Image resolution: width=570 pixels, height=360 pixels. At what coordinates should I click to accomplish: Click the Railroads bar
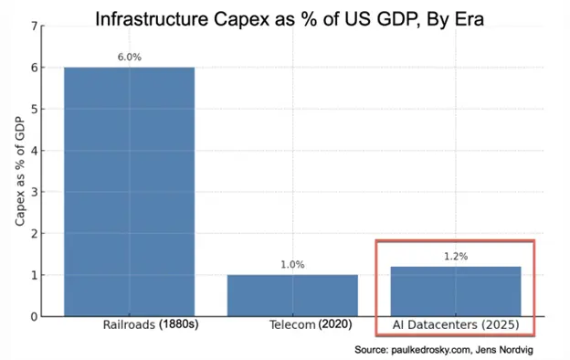click(x=128, y=191)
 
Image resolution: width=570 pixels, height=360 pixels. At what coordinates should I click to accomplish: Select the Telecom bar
click(x=292, y=295)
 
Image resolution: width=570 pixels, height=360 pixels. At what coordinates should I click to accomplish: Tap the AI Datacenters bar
click(x=455, y=291)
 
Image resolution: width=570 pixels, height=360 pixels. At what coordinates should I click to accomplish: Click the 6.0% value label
click(x=128, y=58)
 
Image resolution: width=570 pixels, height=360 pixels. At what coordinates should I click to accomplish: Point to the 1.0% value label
click(x=292, y=265)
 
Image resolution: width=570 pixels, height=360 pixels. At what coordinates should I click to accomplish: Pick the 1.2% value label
click(x=455, y=257)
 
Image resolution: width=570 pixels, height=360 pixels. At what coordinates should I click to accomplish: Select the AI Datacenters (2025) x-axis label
click(x=455, y=326)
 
